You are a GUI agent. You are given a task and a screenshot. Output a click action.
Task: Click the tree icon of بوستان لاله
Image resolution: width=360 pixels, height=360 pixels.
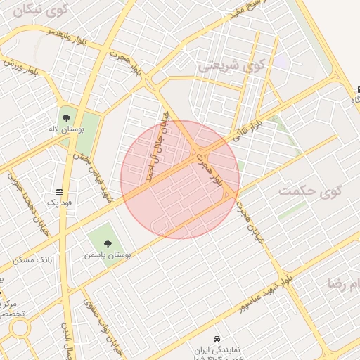tap(67, 117)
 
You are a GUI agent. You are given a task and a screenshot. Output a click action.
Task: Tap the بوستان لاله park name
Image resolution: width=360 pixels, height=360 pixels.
tap(71, 131)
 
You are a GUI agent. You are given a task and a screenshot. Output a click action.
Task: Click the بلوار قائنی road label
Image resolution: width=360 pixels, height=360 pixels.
tap(246, 131)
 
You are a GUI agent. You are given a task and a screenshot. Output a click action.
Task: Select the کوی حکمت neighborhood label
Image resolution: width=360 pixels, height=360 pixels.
tap(309, 191)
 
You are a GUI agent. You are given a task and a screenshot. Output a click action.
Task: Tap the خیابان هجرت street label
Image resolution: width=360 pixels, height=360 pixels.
tap(250, 224)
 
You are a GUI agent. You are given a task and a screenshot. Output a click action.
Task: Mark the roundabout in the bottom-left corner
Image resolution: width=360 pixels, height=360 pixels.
tap(19, 328)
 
